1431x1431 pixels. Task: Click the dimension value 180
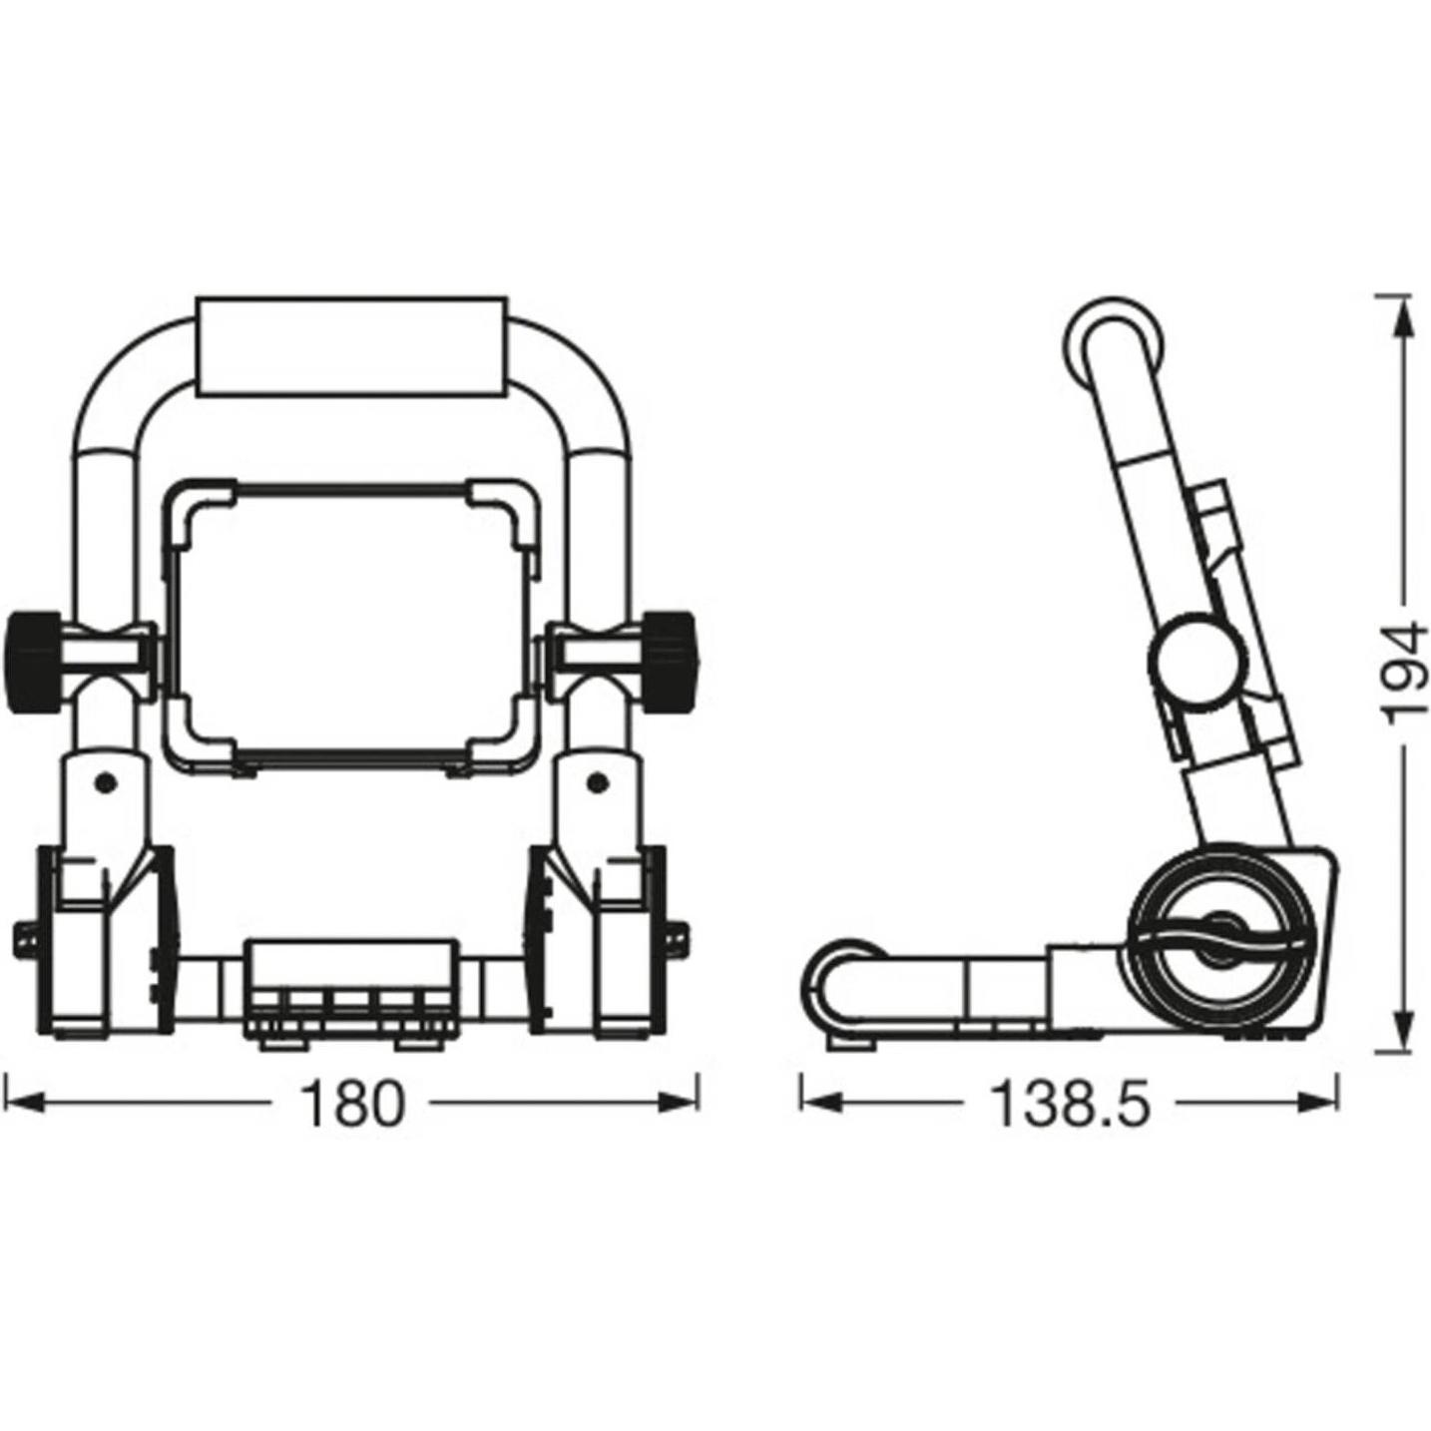352,1104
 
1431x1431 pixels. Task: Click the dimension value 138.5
1070,1104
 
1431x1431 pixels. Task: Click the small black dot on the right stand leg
596,781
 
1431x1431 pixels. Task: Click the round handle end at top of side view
1113,344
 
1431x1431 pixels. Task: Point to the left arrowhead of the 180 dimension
22,1104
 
